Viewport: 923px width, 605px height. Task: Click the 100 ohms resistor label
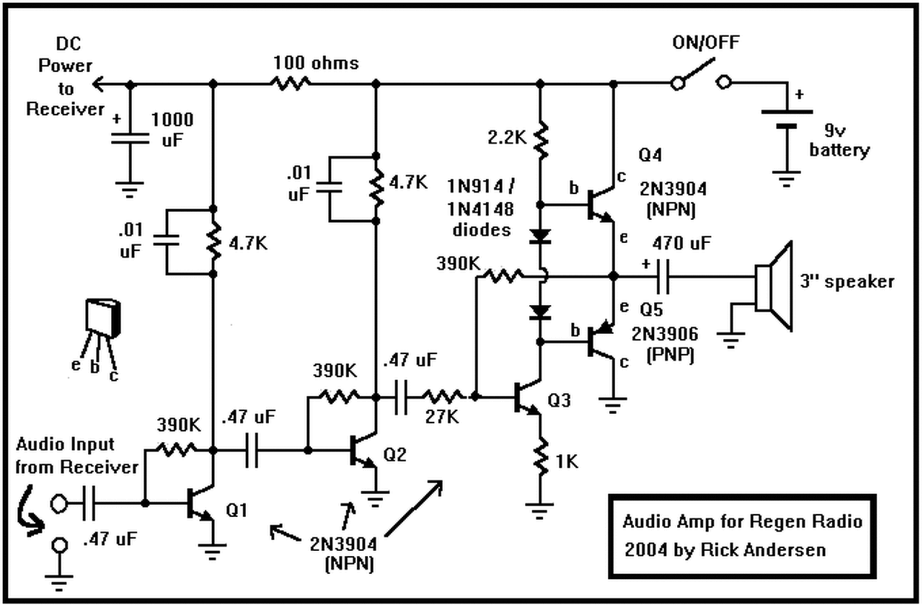tap(315, 63)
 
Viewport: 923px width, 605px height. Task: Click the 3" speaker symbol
tap(774, 281)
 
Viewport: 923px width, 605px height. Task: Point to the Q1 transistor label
tap(238, 510)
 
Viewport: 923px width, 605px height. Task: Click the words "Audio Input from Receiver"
tap(76, 456)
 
